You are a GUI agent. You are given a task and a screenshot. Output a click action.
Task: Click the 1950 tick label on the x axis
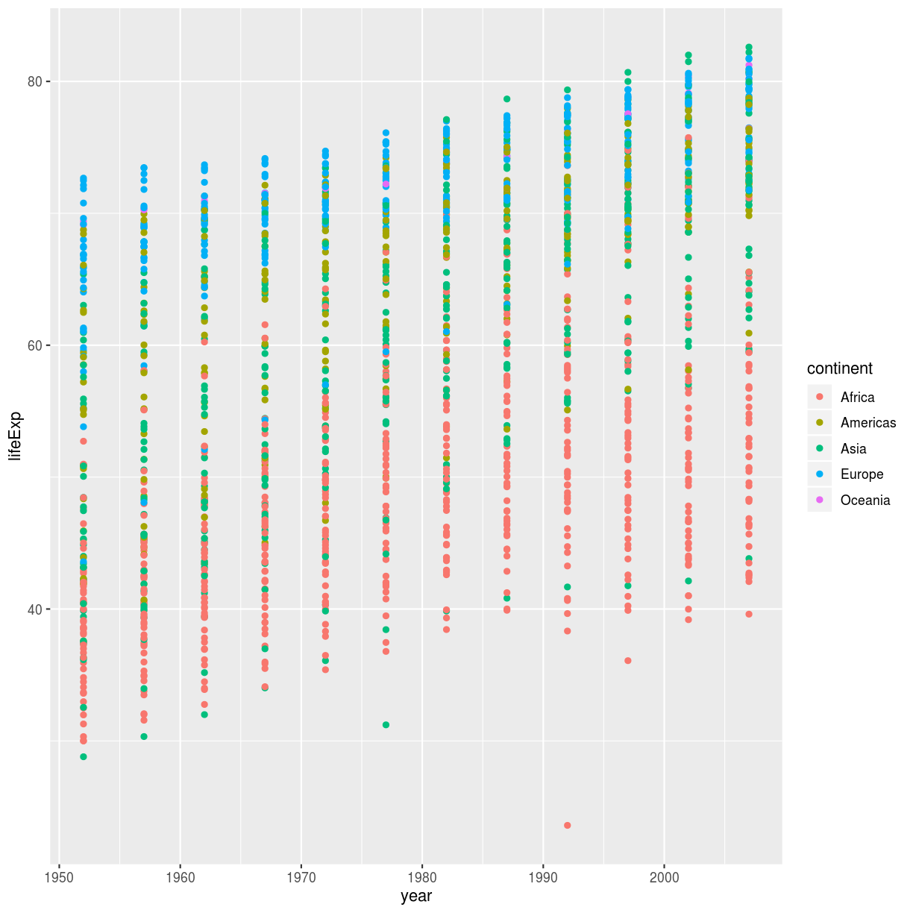click(59, 877)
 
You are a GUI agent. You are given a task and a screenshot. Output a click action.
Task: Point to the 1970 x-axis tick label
click(301, 877)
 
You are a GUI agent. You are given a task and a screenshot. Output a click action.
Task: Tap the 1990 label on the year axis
click(542, 877)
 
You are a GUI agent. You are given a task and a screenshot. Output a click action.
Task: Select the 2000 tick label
click(664, 877)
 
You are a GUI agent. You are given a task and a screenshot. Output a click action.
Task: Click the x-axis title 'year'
click(416, 896)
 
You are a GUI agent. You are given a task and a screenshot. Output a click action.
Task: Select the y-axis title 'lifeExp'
click(16, 436)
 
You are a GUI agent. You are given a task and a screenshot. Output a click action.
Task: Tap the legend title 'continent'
click(840, 368)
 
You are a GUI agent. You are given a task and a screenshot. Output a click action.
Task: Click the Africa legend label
click(857, 398)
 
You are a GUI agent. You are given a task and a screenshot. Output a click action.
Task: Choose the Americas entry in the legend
click(867, 423)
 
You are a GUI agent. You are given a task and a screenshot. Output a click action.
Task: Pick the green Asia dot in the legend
click(820, 448)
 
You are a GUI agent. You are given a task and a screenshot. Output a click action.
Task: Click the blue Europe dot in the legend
click(820, 474)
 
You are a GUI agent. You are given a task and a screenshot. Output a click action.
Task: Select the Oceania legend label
click(865, 500)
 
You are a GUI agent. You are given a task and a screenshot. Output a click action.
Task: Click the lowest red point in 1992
click(568, 825)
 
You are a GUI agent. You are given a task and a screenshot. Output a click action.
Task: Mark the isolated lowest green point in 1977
click(386, 724)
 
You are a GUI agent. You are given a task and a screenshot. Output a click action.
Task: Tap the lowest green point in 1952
click(84, 756)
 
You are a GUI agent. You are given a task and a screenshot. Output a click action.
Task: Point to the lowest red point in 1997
click(628, 660)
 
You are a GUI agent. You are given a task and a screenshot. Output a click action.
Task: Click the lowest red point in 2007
click(749, 614)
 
